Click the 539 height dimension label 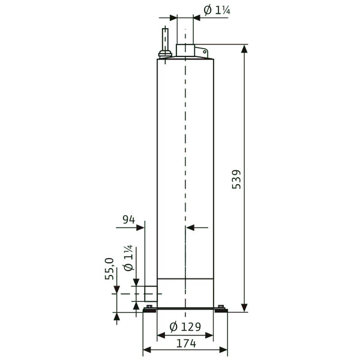click(x=236, y=179)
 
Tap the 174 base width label click(x=186, y=343)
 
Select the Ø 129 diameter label click(x=185, y=327)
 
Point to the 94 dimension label click(x=129, y=220)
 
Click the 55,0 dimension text click(x=110, y=269)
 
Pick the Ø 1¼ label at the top click(x=217, y=10)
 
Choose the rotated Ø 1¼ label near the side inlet click(x=128, y=258)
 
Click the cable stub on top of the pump click(x=165, y=43)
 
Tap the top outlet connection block click(x=185, y=50)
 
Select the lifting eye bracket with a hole click(x=202, y=52)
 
